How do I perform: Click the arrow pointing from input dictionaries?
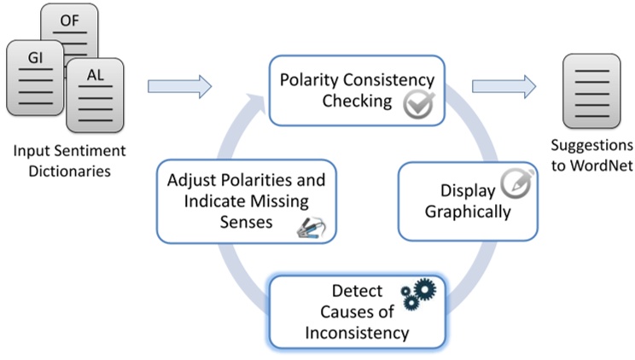click(x=178, y=86)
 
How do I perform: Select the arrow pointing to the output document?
click(x=504, y=86)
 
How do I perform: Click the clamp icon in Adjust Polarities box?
click(x=311, y=225)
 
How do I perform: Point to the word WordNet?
click(x=592, y=165)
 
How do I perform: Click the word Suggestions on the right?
click(x=592, y=145)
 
